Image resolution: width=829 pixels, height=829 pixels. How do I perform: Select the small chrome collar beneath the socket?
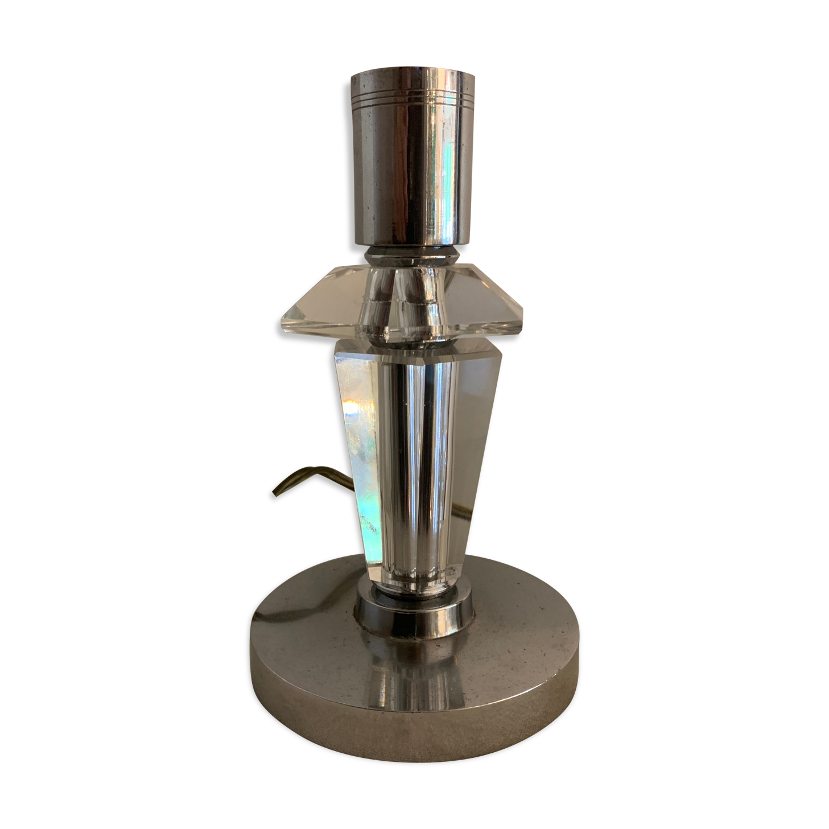(x=413, y=256)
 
